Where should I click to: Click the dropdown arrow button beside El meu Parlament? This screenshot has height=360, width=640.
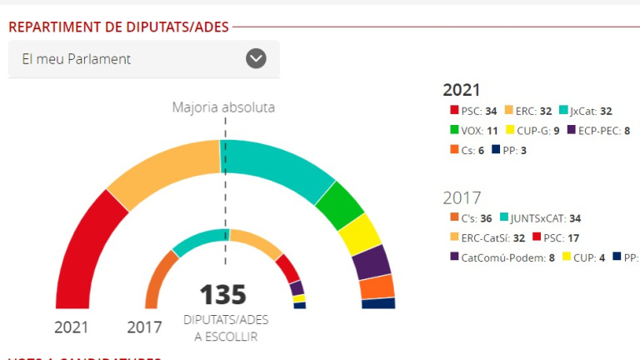[x=256, y=58]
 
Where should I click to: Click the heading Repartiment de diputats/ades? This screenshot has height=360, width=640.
[x=118, y=27]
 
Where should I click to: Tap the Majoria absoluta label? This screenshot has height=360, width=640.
[x=223, y=107]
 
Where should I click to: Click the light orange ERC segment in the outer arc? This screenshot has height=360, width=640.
[x=163, y=172]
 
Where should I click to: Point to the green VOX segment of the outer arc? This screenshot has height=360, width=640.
[x=338, y=205]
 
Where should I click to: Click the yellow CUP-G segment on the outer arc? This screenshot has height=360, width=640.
[x=359, y=234]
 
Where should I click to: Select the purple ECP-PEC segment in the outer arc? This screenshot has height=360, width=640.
[x=372, y=262]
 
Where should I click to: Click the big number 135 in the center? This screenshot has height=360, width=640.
[x=222, y=295]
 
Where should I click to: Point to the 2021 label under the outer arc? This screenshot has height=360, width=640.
[x=71, y=327]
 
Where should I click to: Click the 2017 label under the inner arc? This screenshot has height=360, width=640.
[x=144, y=327]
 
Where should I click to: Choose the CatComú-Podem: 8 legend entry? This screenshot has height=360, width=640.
[x=502, y=257]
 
